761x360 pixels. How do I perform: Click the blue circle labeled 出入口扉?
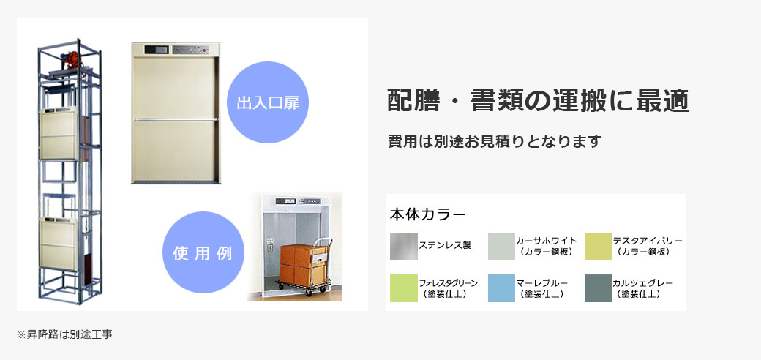click(268, 102)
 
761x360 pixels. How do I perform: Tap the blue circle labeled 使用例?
click(203, 252)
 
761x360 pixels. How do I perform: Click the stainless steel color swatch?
click(404, 247)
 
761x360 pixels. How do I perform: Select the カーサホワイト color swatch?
click(501, 247)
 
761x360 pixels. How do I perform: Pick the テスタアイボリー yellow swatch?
click(598, 247)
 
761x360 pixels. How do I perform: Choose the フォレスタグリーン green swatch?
click(404, 288)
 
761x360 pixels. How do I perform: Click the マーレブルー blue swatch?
click(501, 288)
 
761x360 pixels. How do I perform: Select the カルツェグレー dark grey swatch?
click(598, 288)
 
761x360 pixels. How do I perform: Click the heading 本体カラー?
click(427, 215)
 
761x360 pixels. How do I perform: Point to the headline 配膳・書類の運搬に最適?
click(539, 101)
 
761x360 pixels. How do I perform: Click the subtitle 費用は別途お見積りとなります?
click(495, 141)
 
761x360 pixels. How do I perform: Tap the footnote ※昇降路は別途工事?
click(64, 334)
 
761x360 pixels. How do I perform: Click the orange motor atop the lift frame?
click(72, 59)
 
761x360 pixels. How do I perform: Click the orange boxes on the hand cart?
click(297, 264)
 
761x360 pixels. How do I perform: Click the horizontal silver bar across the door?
click(176, 119)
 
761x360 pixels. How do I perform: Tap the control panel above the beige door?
click(176, 50)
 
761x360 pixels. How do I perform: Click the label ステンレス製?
click(445, 246)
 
